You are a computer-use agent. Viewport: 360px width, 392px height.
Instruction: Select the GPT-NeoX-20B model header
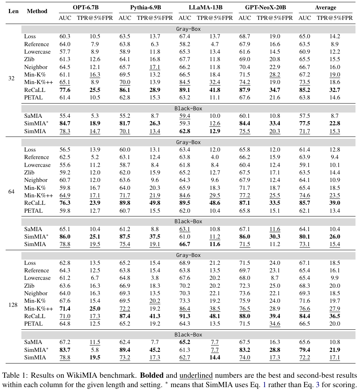click(265, 8)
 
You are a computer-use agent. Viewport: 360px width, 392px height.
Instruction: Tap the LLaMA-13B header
click(205, 8)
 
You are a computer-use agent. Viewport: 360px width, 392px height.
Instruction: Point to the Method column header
click(37, 11)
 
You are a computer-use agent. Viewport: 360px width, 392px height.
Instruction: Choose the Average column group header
click(325, 8)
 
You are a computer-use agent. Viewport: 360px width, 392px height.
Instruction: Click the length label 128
click(13, 305)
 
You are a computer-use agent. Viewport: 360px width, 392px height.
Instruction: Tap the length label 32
click(11, 78)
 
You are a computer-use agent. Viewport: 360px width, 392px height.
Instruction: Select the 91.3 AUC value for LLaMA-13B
click(185, 316)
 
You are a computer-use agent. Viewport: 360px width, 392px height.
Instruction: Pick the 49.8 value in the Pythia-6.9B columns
click(155, 203)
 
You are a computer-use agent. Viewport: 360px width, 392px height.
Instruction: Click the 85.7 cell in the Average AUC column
click(304, 203)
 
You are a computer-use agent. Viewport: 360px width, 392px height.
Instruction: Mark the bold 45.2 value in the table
click(155, 350)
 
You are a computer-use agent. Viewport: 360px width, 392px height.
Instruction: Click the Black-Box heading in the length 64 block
click(188, 221)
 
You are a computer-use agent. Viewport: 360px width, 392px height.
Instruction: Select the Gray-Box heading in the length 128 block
click(188, 255)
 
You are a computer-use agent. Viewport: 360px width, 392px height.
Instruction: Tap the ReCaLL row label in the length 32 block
click(35, 90)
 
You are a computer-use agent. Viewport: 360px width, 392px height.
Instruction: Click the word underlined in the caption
click(196, 375)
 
